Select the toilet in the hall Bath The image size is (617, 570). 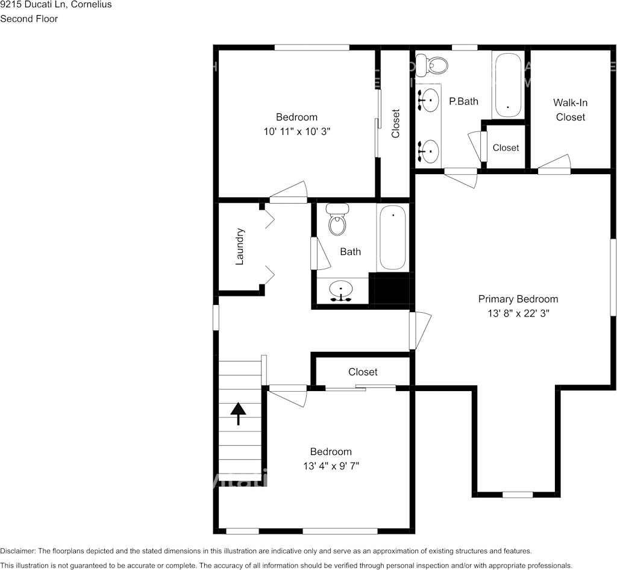[x=337, y=219]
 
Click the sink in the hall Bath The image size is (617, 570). [x=341, y=291]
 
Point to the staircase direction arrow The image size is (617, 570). [x=238, y=413]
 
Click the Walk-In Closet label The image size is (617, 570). [x=570, y=110]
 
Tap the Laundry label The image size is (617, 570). [x=240, y=246]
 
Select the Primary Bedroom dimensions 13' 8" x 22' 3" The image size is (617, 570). [x=518, y=313]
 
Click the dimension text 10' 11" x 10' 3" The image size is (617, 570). [x=296, y=131]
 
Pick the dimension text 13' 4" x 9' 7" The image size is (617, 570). [x=331, y=466]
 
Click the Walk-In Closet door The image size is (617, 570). [x=554, y=164]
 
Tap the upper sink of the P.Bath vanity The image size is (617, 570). [x=428, y=100]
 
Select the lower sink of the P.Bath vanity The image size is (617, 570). [x=428, y=151]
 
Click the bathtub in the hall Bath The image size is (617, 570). [x=392, y=237]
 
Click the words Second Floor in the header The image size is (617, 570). [x=29, y=19]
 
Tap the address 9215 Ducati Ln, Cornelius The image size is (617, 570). [x=56, y=5]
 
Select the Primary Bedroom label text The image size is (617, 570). [x=518, y=299]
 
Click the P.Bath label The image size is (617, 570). [x=463, y=101]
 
